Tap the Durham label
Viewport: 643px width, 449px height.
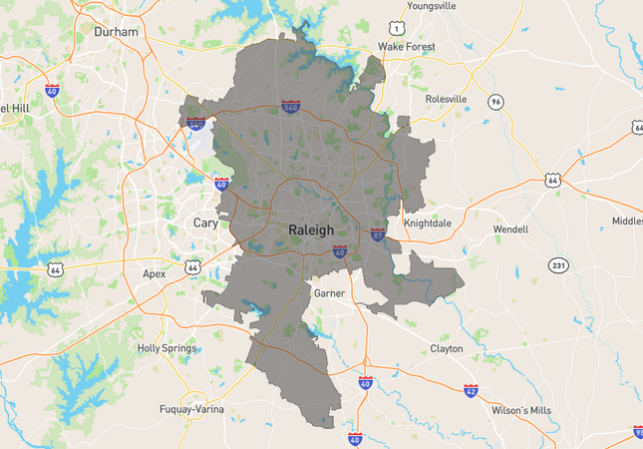[x=116, y=32]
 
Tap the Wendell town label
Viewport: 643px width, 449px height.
[x=510, y=229]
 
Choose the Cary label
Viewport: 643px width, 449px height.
[x=205, y=223]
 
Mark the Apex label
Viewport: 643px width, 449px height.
[x=155, y=273]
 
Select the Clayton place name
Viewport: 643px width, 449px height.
[x=446, y=349]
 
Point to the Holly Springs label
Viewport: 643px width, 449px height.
[x=167, y=348]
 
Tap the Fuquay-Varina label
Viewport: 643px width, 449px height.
[x=191, y=409]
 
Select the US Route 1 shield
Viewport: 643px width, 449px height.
[x=397, y=27]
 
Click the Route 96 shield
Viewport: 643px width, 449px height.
[x=495, y=102]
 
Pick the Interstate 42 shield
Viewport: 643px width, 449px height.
[x=471, y=389]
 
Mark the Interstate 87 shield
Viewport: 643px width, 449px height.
[x=378, y=234]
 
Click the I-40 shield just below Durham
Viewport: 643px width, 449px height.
[x=52, y=90]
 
